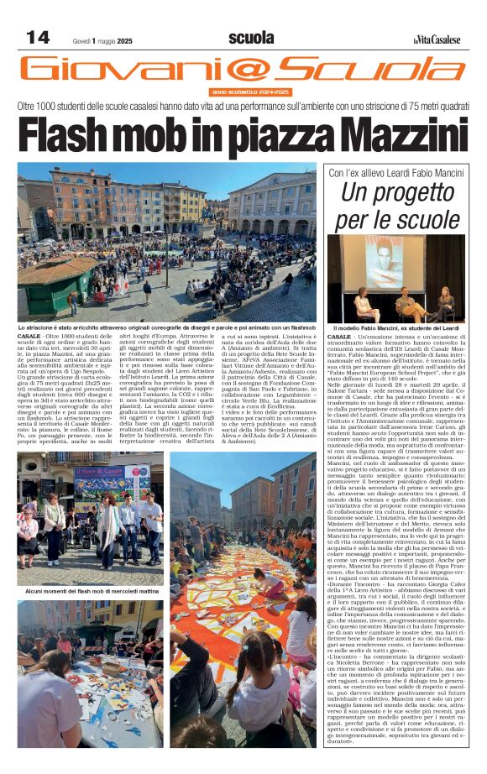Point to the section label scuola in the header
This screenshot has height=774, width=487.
point(251,38)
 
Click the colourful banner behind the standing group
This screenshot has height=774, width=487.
point(104,480)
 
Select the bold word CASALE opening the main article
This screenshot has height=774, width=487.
point(28,335)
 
